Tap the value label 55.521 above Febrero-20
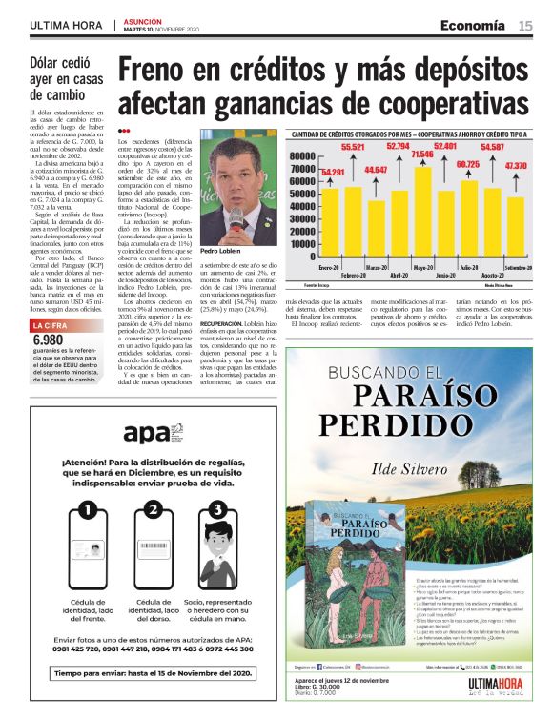pos(353,148)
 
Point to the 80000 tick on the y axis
pos(301,156)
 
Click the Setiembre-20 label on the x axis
pos(516,269)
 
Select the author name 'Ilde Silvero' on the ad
pos(413,467)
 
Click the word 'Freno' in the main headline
pos(165,71)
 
